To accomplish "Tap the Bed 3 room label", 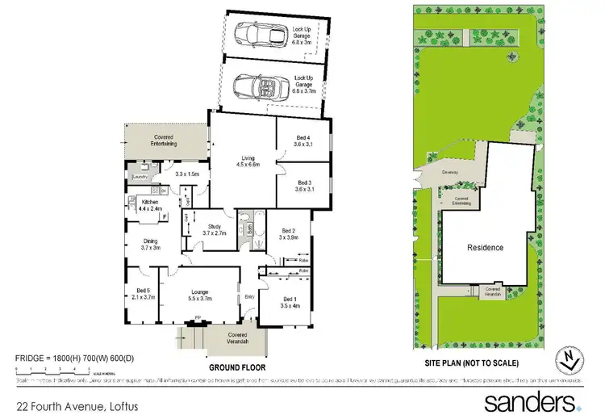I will point(303,183).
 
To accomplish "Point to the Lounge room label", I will point(200,292).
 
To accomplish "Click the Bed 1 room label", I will point(287,299).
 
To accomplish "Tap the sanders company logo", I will point(531,401).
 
